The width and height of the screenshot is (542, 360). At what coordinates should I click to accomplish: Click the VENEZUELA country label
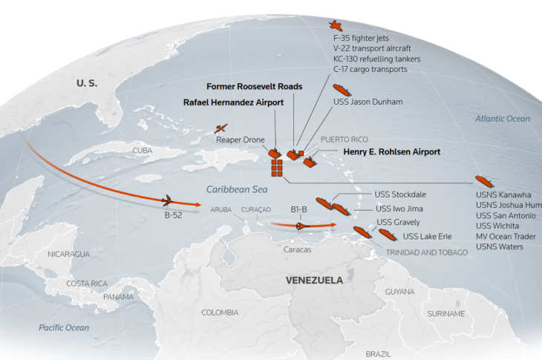[314, 280]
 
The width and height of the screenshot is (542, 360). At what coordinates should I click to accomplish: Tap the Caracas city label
[297, 249]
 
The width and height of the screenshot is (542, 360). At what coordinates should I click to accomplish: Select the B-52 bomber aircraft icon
[167, 200]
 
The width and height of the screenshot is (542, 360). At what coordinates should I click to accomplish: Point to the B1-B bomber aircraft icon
[301, 226]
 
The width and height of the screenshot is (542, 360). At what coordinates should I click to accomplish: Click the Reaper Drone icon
[221, 129]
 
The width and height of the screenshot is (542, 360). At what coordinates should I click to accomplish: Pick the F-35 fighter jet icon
[336, 25]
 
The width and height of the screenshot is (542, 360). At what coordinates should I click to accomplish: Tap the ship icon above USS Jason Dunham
[342, 90]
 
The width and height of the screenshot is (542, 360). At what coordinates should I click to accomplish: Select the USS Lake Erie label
[427, 236]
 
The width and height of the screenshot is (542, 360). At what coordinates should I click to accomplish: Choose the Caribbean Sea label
[237, 189]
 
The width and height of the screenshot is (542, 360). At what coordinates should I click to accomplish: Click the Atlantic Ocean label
[502, 119]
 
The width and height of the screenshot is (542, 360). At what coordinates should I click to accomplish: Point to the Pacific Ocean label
[64, 327]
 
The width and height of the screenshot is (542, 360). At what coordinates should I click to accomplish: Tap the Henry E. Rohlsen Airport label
[391, 151]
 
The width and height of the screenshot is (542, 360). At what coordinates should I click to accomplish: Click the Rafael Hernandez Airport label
[233, 102]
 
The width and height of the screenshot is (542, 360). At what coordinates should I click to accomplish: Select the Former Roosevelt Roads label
[255, 86]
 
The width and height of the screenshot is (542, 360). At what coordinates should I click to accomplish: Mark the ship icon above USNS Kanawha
[484, 181]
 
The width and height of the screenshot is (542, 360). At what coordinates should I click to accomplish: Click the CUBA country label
[143, 151]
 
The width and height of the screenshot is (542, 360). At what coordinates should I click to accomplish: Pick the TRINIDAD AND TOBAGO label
[427, 252]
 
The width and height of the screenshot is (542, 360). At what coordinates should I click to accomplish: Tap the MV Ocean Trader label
[506, 236]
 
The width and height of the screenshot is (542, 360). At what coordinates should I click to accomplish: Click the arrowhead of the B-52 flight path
[197, 205]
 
